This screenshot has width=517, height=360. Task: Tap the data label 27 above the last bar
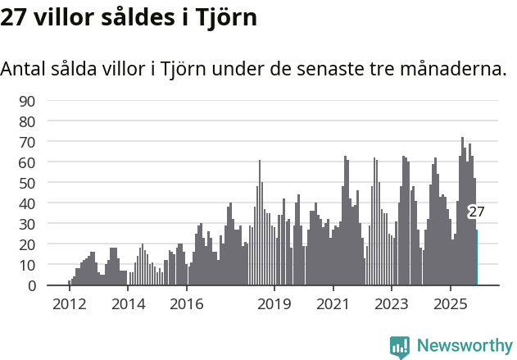tap(476, 212)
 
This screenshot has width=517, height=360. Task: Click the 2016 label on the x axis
tap(186, 304)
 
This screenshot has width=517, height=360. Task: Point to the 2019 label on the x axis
tap(274, 304)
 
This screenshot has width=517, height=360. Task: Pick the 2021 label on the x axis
tap(333, 304)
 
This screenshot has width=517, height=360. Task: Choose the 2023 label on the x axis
tap(392, 304)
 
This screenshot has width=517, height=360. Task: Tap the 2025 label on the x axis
tap(450, 304)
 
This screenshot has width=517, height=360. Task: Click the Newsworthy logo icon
tap(400, 347)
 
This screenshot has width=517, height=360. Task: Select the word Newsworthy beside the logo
tap(464, 347)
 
